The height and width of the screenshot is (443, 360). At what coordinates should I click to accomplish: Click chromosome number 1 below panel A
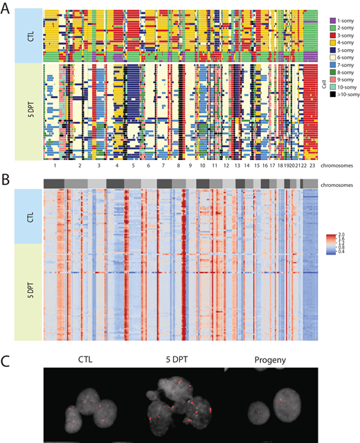(x=53, y=166)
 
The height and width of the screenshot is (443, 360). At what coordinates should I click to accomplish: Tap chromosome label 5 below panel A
(x=132, y=166)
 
